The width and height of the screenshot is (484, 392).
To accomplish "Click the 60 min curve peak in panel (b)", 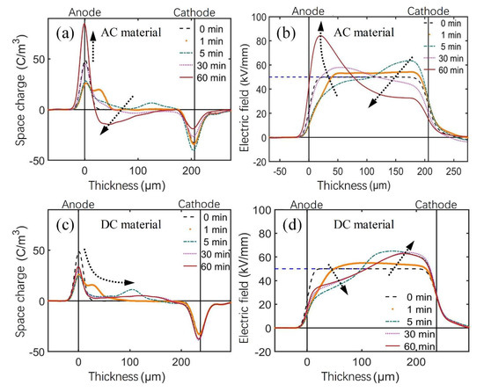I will coord(320,37).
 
